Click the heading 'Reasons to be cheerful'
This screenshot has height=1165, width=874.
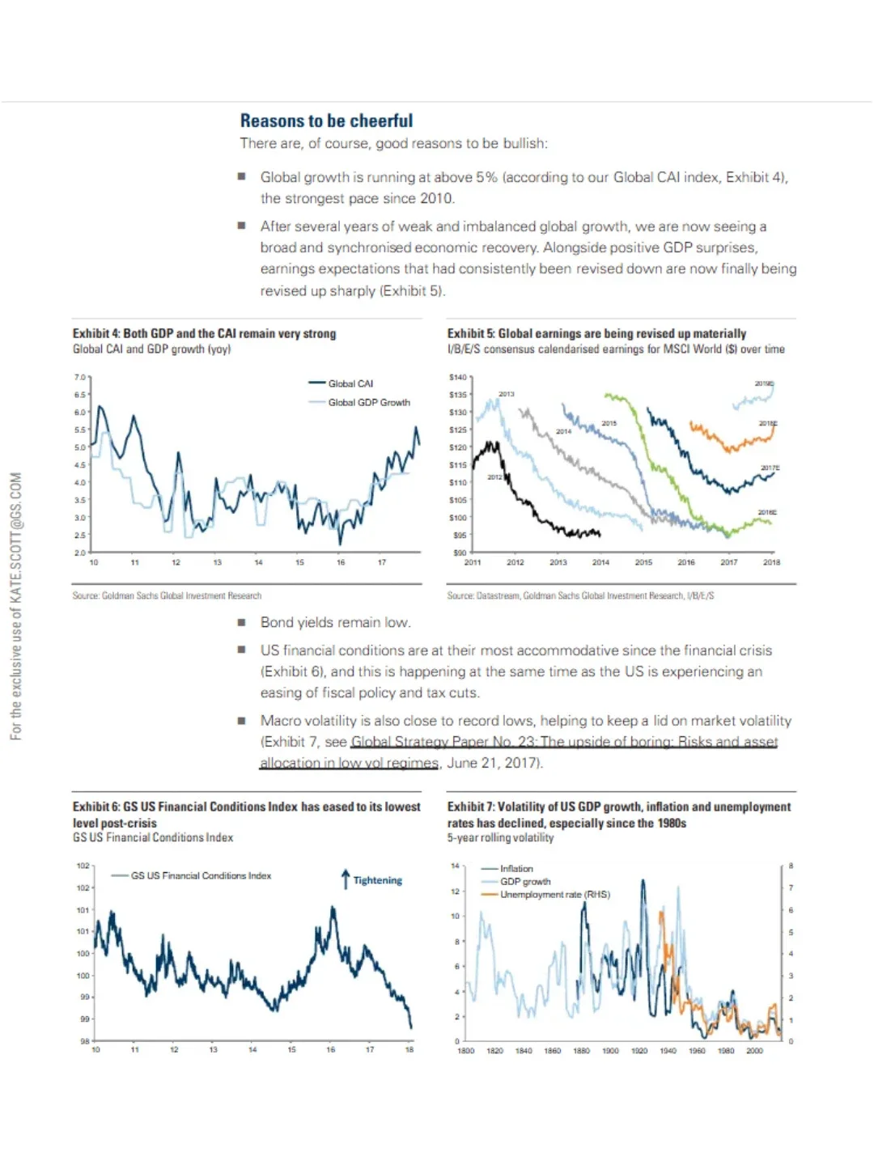tap(326, 121)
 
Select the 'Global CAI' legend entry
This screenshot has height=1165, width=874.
tap(350, 383)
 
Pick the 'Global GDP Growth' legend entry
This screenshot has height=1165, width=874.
tap(368, 402)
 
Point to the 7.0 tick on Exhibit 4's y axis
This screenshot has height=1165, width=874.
tap(80, 377)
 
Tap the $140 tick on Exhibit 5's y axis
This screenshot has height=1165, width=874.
tap(458, 377)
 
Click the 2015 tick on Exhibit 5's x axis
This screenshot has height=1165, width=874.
tap(643, 562)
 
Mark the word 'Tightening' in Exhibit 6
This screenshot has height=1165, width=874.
tap(377, 880)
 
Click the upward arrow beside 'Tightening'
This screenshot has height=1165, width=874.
tap(346, 879)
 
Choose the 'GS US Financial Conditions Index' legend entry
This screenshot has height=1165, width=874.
tap(201, 875)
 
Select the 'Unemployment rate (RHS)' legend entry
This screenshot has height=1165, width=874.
tap(554, 895)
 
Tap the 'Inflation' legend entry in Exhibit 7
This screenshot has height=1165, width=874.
tap(516, 869)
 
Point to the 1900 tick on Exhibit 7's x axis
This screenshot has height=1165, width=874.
tap(610, 1051)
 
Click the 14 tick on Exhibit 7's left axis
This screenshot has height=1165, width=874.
tap(456, 866)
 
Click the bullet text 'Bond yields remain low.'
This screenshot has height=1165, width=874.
tap(335, 622)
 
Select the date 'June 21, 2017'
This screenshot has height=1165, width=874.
tap(493, 763)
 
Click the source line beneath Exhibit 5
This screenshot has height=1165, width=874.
tap(580, 595)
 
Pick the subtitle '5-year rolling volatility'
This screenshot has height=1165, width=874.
tap(500, 838)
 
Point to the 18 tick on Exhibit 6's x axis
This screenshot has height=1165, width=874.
tap(409, 1050)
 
